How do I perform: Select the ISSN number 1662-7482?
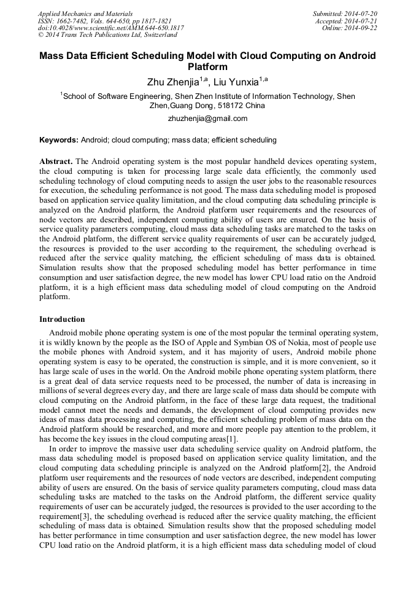(74, 21)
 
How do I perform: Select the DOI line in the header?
(110, 28)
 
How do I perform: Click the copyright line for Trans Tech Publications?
(107, 36)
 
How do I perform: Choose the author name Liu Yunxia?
(236, 82)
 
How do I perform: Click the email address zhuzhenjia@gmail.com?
(207, 119)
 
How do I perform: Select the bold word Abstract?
(56, 161)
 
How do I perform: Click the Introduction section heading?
(62, 319)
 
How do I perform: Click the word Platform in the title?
(207, 67)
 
